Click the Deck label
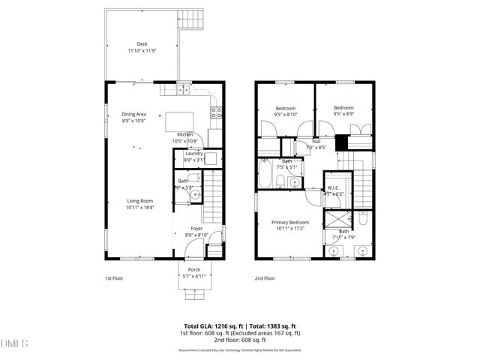[142, 43]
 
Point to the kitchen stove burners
[216, 113]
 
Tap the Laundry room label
[194, 154]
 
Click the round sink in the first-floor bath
[194, 193]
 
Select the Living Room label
[139, 200]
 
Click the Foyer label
[196, 228]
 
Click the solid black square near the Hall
[341, 142]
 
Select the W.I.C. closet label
[333, 187]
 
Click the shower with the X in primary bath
[334, 220]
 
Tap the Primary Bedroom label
[289, 222]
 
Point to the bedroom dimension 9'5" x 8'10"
[286, 115]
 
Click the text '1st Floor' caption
[113, 278]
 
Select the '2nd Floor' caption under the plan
[265, 278]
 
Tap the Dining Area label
[133, 114]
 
